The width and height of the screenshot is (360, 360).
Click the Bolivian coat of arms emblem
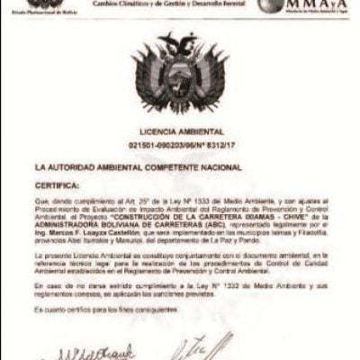(181, 76)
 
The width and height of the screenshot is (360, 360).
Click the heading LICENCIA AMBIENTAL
(181, 130)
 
